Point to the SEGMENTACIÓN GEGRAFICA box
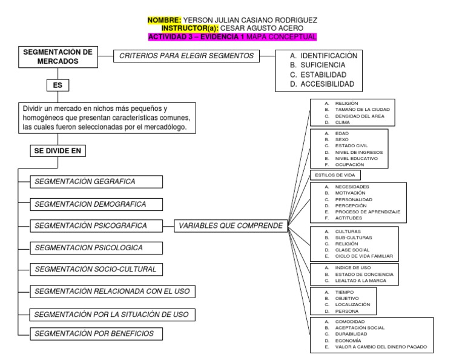pos(94,181)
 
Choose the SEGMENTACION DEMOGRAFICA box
pos(94,204)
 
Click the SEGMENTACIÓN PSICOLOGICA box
pos(94,248)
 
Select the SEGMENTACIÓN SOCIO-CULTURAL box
pos(94,269)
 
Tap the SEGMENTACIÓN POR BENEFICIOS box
pos(94,333)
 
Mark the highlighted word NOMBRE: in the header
pos(164,21)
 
